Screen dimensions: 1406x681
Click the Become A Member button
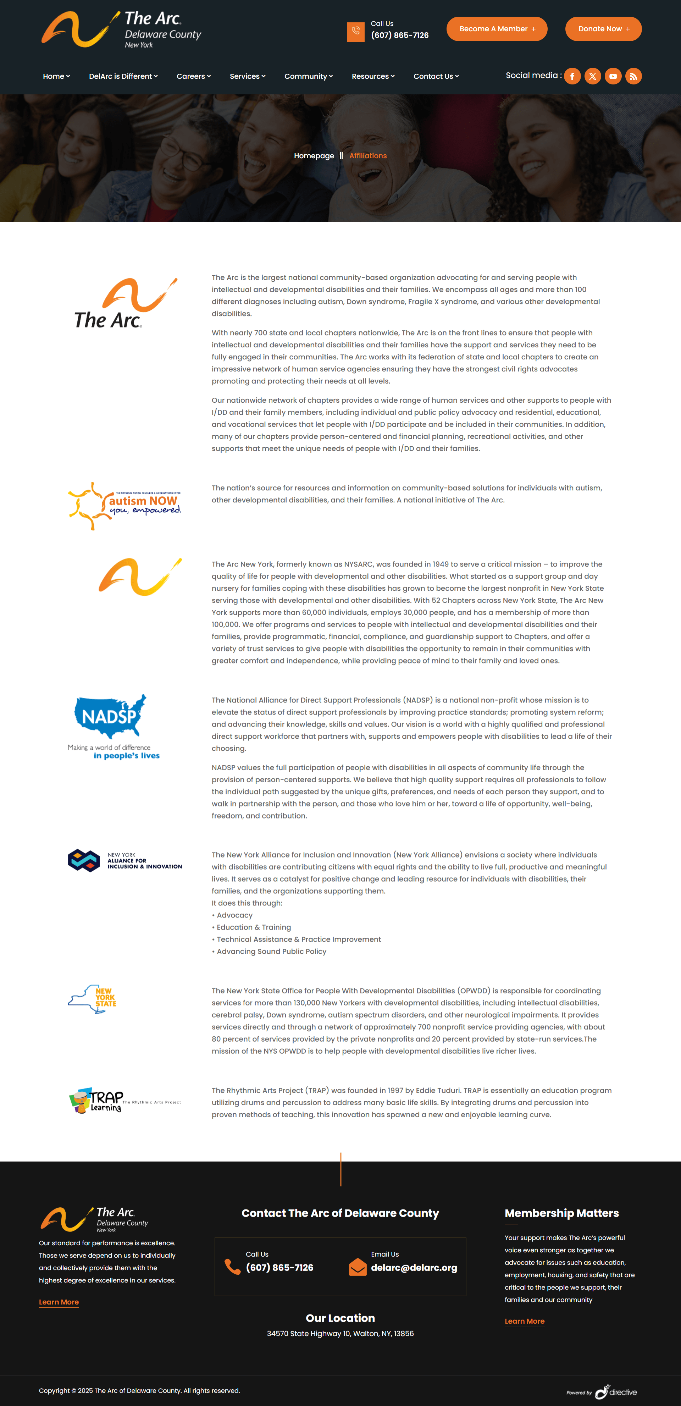pyautogui.click(x=497, y=29)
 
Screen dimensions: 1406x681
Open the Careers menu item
pyautogui.click(x=193, y=76)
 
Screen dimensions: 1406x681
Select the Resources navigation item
pyautogui.click(x=373, y=76)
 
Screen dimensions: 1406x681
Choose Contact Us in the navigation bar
pyautogui.click(x=436, y=76)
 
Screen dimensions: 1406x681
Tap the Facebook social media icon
pyautogui.click(x=572, y=76)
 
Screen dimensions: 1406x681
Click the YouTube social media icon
pyautogui.click(x=613, y=76)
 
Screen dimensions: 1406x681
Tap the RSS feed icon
pyautogui.click(x=633, y=76)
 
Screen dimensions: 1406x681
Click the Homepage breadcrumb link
pyautogui.click(x=314, y=156)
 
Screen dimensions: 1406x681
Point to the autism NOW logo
pyautogui.click(x=124, y=506)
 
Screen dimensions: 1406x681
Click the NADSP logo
pyautogui.click(x=113, y=726)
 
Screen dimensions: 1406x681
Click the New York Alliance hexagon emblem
pyautogui.click(x=83, y=861)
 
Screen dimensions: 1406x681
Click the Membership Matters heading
pyautogui.click(x=561, y=1213)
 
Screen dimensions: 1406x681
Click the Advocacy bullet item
pyautogui.click(x=235, y=915)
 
